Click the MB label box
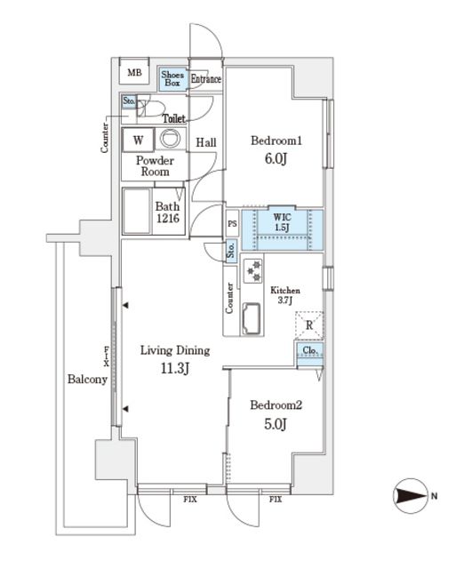coord(134,73)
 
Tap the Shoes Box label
coord(172,78)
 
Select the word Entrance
coord(205,79)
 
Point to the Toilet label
coord(174,118)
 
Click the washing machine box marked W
coord(139,140)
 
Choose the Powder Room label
coord(155,166)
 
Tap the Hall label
coord(206,142)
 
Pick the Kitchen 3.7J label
coord(285,296)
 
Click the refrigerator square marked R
coord(308,325)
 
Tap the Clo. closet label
coord(309,351)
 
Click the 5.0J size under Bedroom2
coord(276,424)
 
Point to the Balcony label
coord(87,380)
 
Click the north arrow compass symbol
coord(410,496)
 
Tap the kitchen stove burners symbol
coord(252,268)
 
